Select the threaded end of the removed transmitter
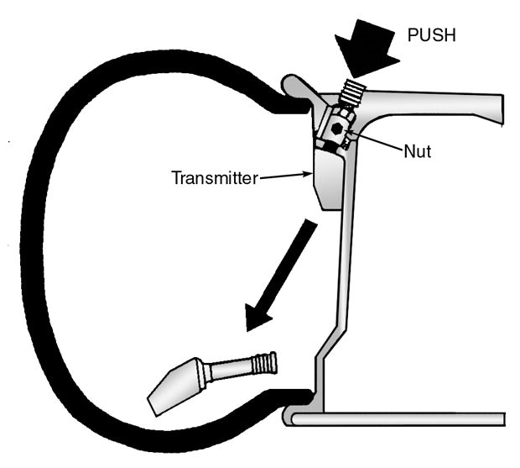point(264,363)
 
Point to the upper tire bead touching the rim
point(289,105)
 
